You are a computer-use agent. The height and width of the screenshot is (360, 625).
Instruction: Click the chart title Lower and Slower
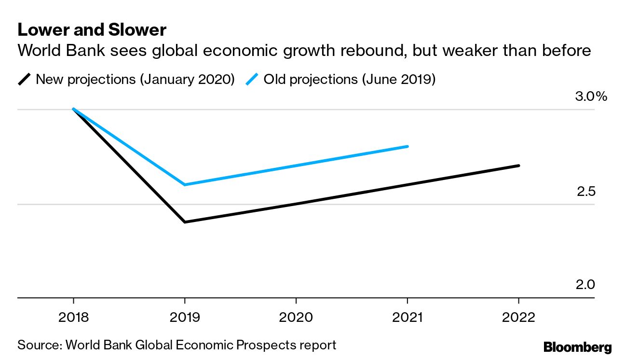coord(92,30)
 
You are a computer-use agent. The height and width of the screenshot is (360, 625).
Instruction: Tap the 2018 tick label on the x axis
coord(73,318)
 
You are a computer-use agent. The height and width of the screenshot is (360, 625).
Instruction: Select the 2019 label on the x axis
coord(184,318)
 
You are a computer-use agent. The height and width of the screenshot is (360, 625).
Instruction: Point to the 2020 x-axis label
coord(296,318)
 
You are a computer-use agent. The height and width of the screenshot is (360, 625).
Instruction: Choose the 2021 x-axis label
coord(407,318)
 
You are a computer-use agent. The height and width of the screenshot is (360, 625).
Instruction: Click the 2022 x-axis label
coord(518,318)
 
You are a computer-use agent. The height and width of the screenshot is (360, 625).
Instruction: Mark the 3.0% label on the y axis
coord(591,97)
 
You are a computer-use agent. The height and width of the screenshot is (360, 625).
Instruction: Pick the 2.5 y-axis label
coord(586,192)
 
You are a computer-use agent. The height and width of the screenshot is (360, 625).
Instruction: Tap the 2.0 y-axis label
coord(586,285)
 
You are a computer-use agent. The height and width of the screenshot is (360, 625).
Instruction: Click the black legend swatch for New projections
coord(25,79)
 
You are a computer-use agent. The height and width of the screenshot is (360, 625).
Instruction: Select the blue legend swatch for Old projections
coord(252,79)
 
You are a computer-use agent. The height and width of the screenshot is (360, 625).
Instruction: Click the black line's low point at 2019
coord(185,222)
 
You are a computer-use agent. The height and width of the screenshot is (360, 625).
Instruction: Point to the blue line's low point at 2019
coord(185,185)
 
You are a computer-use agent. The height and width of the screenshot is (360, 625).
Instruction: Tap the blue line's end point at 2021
coord(408,146)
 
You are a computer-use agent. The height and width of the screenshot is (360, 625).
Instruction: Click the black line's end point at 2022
coord(519,166)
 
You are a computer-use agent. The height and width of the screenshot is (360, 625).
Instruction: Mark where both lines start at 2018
coord(73,110)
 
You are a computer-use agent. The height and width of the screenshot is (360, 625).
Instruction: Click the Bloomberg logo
coord(577,347)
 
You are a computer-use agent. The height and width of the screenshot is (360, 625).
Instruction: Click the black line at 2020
coord(296,204)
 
